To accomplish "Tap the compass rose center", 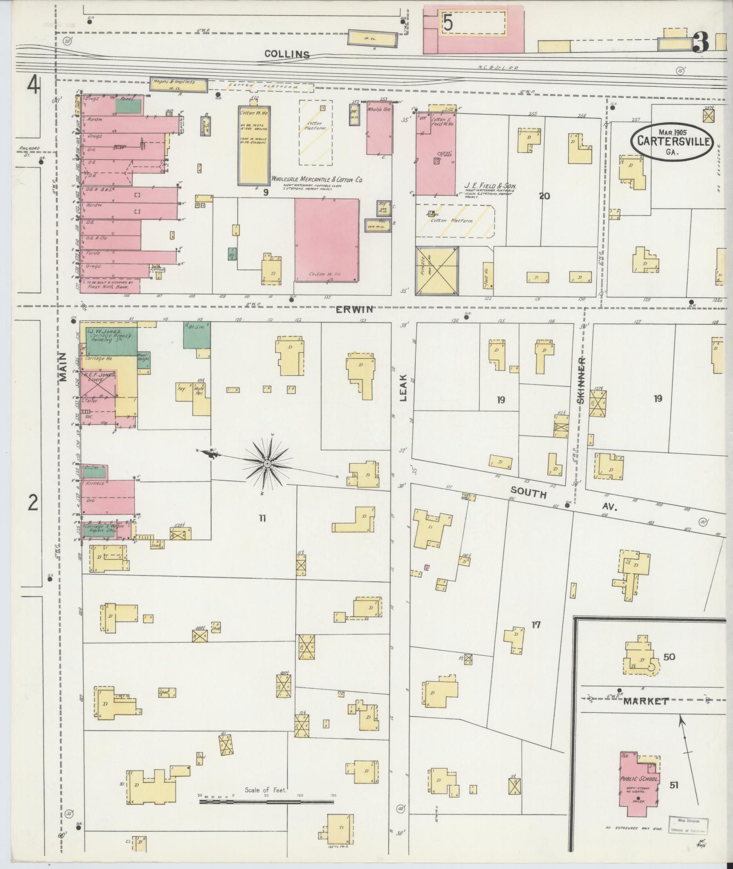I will (267, 463).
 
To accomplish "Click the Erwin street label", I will (354, 309).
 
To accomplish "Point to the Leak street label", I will (404, 391).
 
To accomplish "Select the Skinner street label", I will (581, 380).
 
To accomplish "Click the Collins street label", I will (287, 55).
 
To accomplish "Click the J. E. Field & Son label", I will (490, 186).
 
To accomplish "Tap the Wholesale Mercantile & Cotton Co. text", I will (317, 179).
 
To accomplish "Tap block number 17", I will (536, 625).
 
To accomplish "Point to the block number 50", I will (669, 657).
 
